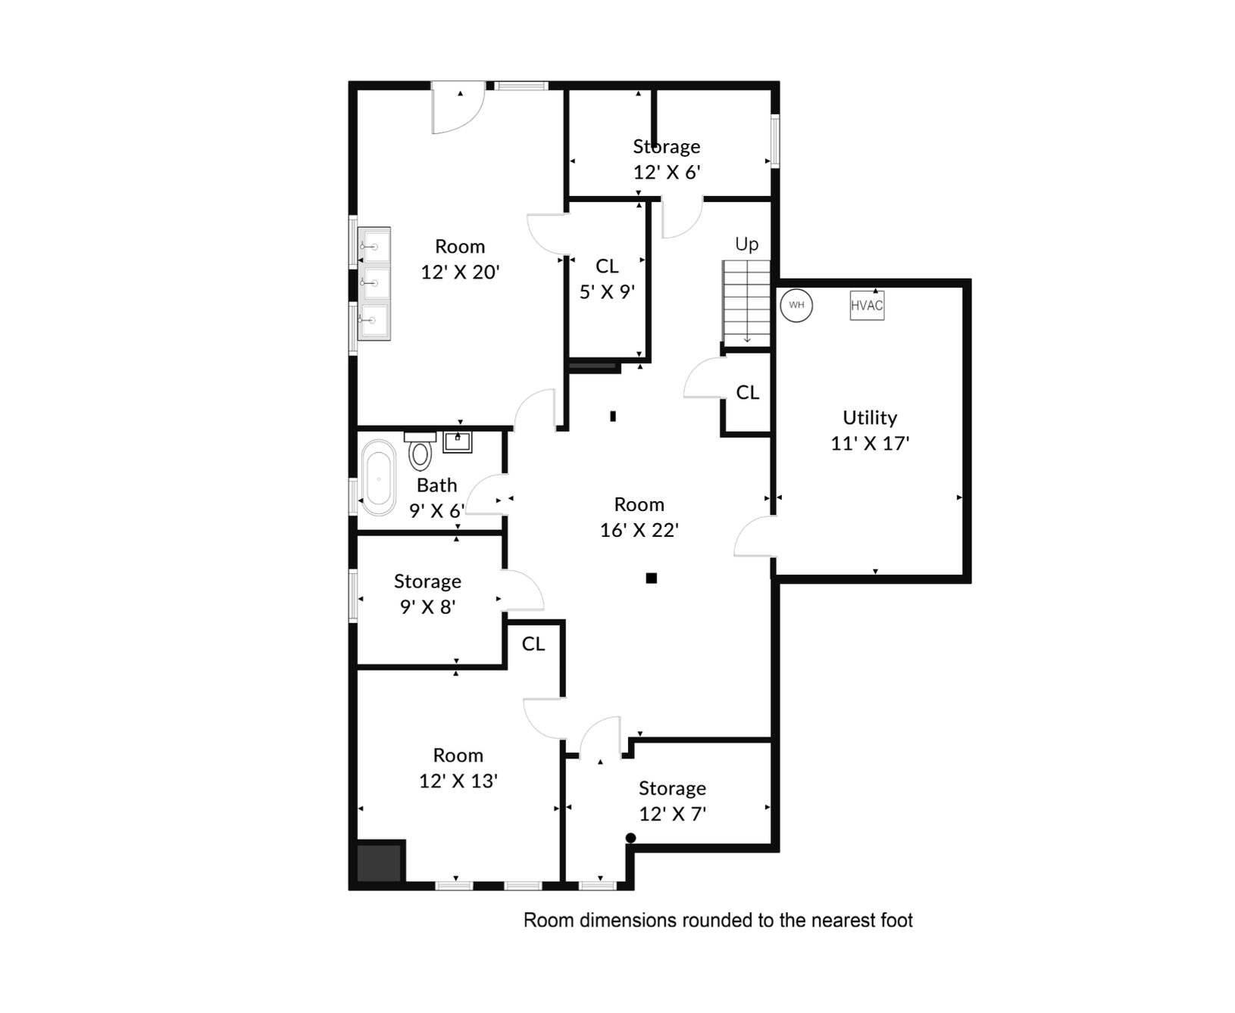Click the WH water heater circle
coord(796,305)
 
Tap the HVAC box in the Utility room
coord(867,305)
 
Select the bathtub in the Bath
coord(378,478)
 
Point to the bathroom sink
coord(458,441)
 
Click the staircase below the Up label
coord(746,301)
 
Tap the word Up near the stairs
coord(746,244)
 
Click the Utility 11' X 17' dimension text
coord(870,443)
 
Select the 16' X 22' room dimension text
coord(639,530)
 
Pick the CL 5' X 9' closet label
coord(607,279)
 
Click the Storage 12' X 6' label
coord(667,159)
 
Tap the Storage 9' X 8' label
coord(427,594)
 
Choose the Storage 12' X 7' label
coord(672,801)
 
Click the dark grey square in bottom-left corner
coord(379,863)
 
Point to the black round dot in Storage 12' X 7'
coord(630,837)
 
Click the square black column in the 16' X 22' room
coord(651,578)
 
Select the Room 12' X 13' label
coord(458,768)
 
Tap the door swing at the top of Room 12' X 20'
coord(457,110)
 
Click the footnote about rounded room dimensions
coord(718,920)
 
